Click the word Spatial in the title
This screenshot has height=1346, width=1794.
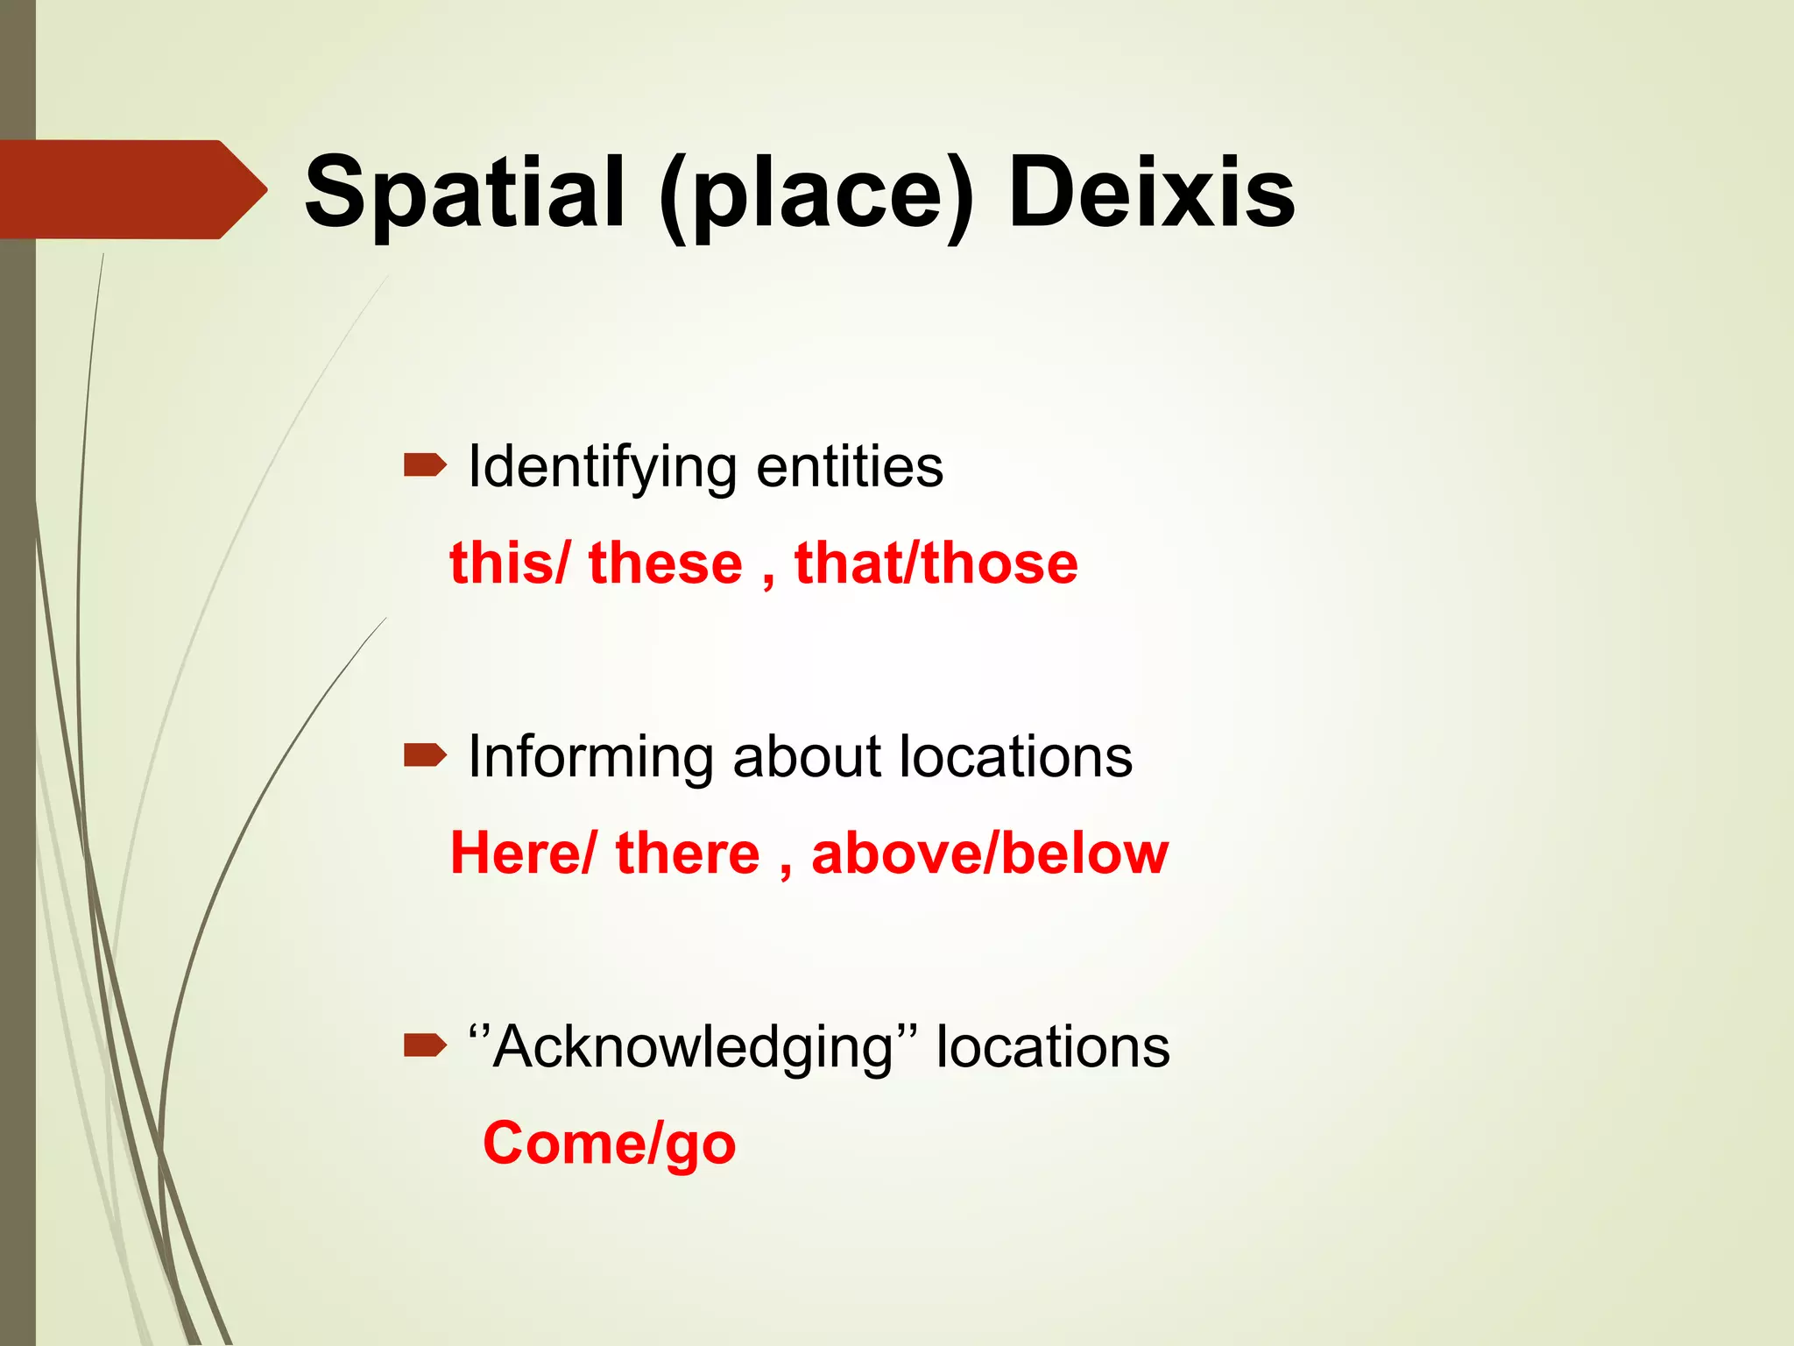pos(464,193)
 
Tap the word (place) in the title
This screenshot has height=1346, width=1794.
pos(816,195)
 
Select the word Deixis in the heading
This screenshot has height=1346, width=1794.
pos(1151,193)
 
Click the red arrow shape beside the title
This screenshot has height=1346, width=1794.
pos(131,189)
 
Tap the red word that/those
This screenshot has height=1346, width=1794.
pos(936,563)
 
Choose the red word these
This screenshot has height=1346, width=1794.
pos(666,563)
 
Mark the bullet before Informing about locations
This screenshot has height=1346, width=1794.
pos(425,754)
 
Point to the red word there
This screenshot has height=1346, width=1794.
pos(688,854)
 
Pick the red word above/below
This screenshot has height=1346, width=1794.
pos(990,854)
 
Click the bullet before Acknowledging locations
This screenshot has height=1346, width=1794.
pos(425,1045)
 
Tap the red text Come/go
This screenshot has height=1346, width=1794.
pos(610,1144)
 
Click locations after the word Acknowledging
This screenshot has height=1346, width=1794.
pos(1052,1046)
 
